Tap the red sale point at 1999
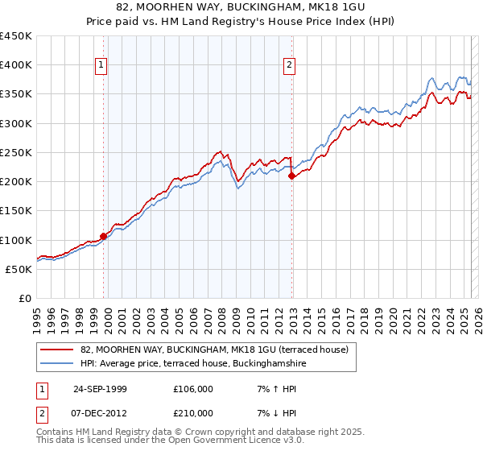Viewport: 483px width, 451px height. coord(104,236)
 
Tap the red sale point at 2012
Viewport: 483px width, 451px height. coord(291,176)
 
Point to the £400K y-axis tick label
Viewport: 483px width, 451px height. coord(17,65)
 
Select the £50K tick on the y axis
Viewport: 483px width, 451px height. coord(20,269)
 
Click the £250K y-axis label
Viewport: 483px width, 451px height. coord(17,152)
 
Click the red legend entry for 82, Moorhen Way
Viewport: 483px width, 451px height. coord(214,350)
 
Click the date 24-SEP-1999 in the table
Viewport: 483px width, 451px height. coord(100,389)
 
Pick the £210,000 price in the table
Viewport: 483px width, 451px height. coord(192,413)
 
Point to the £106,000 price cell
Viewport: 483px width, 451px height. coord(192,389)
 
